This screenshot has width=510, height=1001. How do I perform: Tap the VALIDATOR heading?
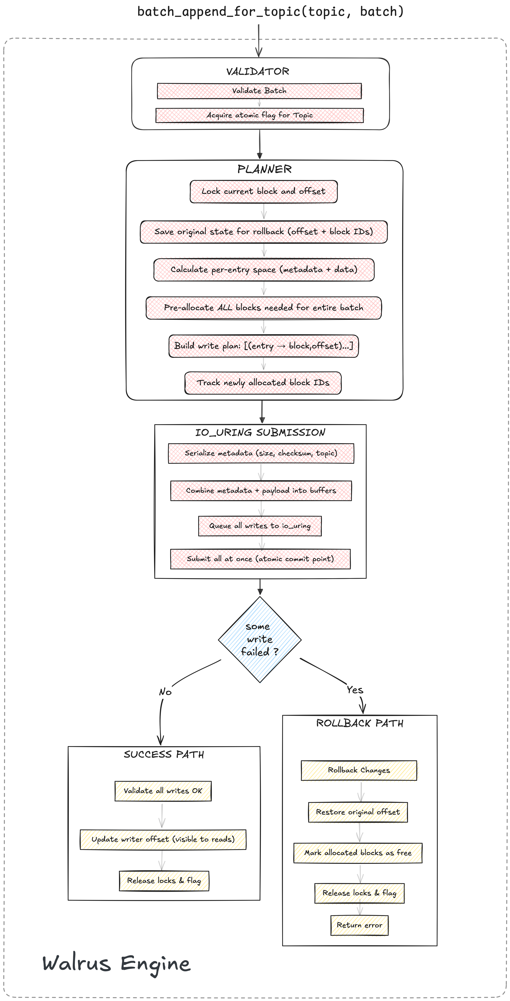[x=258, y=71]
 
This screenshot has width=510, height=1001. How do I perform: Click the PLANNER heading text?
[x=264, y=169]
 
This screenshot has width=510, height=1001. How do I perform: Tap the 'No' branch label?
[x=165, y=692]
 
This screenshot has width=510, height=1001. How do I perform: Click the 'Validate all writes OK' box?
[x=163, y=791]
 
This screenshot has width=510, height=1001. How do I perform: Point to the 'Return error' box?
[x=359, y=925]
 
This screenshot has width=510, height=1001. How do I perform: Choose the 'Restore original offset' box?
[x=358, y=812]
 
